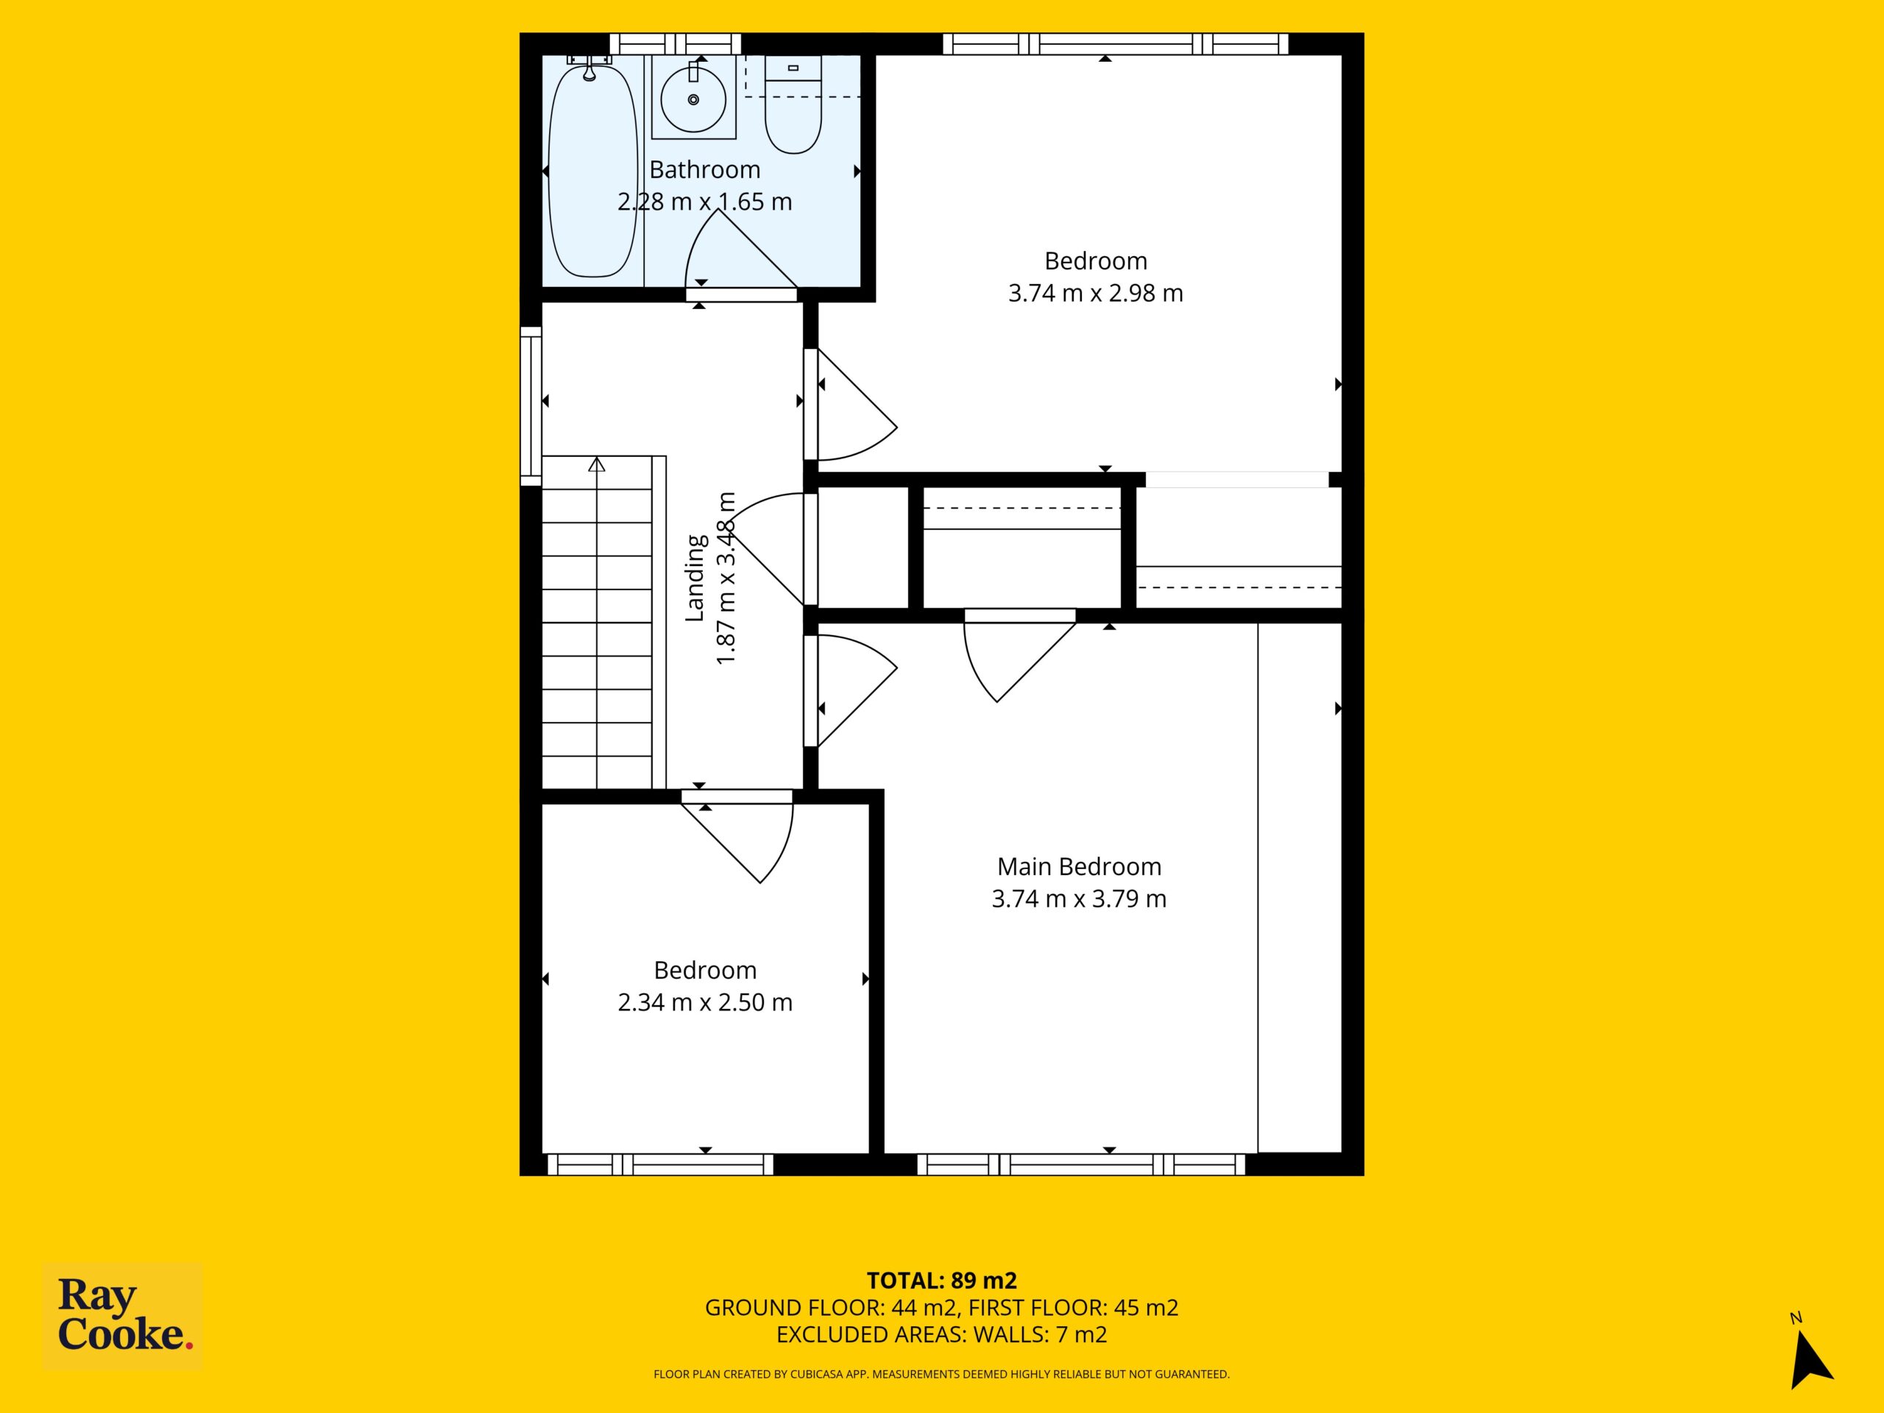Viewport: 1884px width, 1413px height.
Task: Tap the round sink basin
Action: (x=693, y=99)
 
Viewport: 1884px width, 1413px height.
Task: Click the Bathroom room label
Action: (x=704, y=169)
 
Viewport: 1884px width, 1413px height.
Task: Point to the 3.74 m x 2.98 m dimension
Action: (x=1095, y=293)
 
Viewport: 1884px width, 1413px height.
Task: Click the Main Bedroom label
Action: (x=1079, y=866)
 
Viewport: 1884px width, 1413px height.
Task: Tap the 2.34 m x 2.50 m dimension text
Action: (x=705, y=1002)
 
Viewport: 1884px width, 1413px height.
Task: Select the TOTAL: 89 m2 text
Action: (x=942, y=1280)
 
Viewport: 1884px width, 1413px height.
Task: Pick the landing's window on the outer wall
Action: (x=531, y=406)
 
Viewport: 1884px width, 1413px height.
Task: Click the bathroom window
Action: (x=676, y=43)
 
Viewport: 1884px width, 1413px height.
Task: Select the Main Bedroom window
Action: (x=1081, y=1164)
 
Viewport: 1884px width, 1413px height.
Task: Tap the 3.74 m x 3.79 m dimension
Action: (x=1079, y=899)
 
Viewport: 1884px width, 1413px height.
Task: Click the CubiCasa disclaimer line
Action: (x=942, y=1374)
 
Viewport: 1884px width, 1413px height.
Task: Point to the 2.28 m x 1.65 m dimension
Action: (x=704, y=202)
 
